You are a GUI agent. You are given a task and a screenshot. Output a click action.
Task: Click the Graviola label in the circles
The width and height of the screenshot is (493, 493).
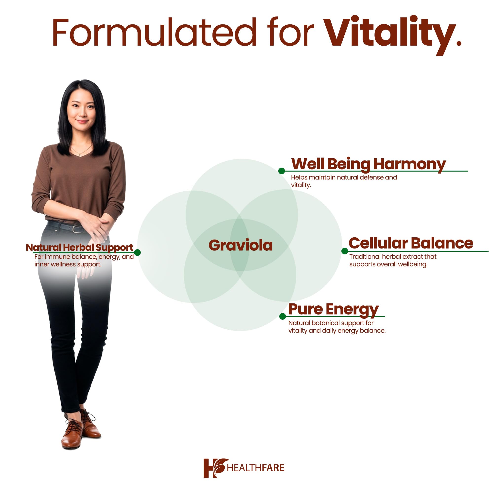point(241,246)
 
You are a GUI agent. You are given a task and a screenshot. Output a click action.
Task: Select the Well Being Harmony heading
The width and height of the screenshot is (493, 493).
point(369,164)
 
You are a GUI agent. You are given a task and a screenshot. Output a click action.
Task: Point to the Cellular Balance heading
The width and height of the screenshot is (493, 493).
point(411,243)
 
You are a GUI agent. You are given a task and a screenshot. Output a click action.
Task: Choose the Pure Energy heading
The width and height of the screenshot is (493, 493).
point(333,309)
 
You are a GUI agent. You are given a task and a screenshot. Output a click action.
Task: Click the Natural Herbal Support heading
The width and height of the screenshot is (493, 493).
point(80,247)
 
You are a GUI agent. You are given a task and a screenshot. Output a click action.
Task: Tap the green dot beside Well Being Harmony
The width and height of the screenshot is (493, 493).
point(282,171)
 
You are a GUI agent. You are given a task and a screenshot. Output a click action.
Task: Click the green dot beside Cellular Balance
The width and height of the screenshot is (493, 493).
point(345,251)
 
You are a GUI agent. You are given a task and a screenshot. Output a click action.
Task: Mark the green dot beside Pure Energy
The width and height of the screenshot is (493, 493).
point(282,317)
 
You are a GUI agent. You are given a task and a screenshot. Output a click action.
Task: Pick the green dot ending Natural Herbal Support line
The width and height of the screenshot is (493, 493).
point(137,252)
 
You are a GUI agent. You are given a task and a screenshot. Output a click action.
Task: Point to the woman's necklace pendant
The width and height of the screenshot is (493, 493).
point(80,155)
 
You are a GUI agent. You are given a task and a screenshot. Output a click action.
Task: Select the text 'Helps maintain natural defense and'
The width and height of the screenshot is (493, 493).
point(344,177)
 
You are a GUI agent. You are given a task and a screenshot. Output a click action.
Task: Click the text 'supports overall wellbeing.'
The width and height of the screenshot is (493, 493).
point(388,264)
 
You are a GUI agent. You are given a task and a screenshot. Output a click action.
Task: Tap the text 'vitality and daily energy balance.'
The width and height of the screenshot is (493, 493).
point(337,331)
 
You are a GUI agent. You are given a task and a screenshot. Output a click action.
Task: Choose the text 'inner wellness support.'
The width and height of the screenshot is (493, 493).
point(68,264)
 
